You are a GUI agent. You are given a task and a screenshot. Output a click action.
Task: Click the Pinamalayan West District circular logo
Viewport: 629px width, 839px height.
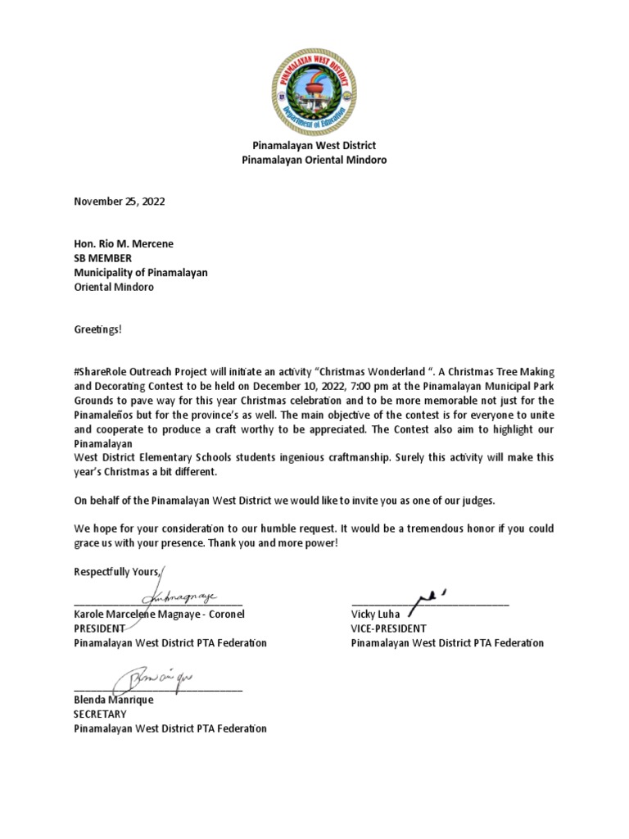tap(314, 90)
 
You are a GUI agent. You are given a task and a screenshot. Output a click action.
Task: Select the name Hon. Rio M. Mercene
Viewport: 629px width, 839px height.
tap(124, 244)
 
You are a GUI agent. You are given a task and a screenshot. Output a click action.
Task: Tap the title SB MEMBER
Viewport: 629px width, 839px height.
tap(102, 259)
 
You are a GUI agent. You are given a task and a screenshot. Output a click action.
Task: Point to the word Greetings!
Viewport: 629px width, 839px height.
tap(97, 329)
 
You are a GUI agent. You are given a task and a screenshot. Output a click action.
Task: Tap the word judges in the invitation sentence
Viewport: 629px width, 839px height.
tap(477, 500)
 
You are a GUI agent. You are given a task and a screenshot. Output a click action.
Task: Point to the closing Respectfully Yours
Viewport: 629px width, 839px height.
tap(119, 571)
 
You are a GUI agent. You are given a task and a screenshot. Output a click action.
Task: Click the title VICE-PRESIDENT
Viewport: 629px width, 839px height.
tap(388, 628)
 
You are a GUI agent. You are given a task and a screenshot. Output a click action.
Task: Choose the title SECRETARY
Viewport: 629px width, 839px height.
tap(100, 714)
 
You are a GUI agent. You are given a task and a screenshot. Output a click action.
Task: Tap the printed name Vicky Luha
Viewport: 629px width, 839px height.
tap(376, 614)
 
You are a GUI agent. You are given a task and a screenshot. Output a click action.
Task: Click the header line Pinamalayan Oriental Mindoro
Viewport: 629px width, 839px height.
tap(314, 161)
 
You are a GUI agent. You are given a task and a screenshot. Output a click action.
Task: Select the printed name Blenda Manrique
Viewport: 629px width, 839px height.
tap(114, 701)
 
